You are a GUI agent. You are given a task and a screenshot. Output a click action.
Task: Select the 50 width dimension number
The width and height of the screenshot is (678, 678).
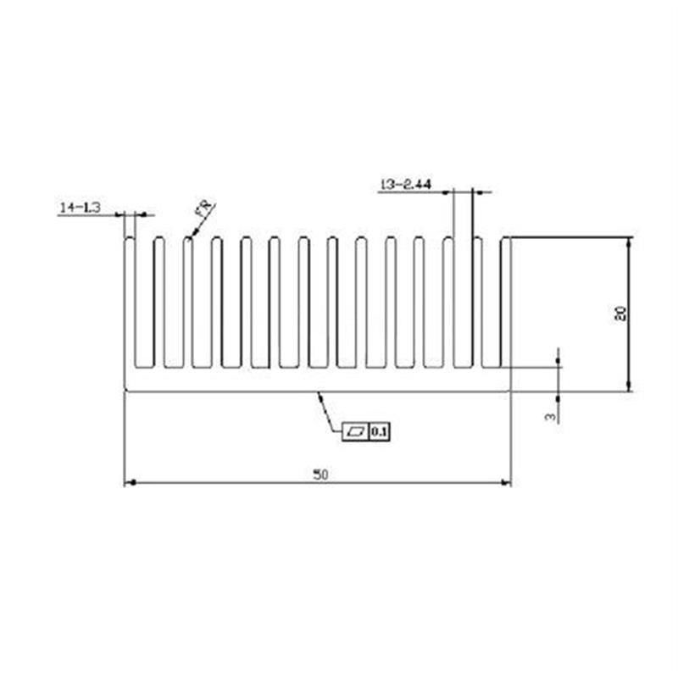(320, 474)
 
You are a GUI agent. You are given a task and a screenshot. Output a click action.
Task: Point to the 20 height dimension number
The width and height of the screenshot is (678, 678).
(620, 314)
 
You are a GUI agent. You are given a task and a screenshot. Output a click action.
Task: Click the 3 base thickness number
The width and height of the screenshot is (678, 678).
(550, 416)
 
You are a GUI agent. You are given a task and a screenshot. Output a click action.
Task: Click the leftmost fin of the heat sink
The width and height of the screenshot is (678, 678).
(130, 305)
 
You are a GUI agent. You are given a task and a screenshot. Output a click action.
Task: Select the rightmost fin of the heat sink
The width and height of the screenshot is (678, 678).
(506, 305)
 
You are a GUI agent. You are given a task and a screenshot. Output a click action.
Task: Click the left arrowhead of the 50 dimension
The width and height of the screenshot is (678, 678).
(130, 483)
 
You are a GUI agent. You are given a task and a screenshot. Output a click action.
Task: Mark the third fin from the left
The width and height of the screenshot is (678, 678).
(187, 305)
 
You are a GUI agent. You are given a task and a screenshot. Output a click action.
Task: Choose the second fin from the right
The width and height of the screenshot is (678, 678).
(477, 305)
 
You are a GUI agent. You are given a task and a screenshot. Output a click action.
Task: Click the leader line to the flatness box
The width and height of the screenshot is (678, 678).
(329, 413)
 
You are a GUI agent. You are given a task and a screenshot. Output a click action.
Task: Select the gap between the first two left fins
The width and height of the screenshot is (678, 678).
(144, 305)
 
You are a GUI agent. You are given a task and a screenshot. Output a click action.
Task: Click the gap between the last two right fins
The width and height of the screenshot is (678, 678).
(492, 305)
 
